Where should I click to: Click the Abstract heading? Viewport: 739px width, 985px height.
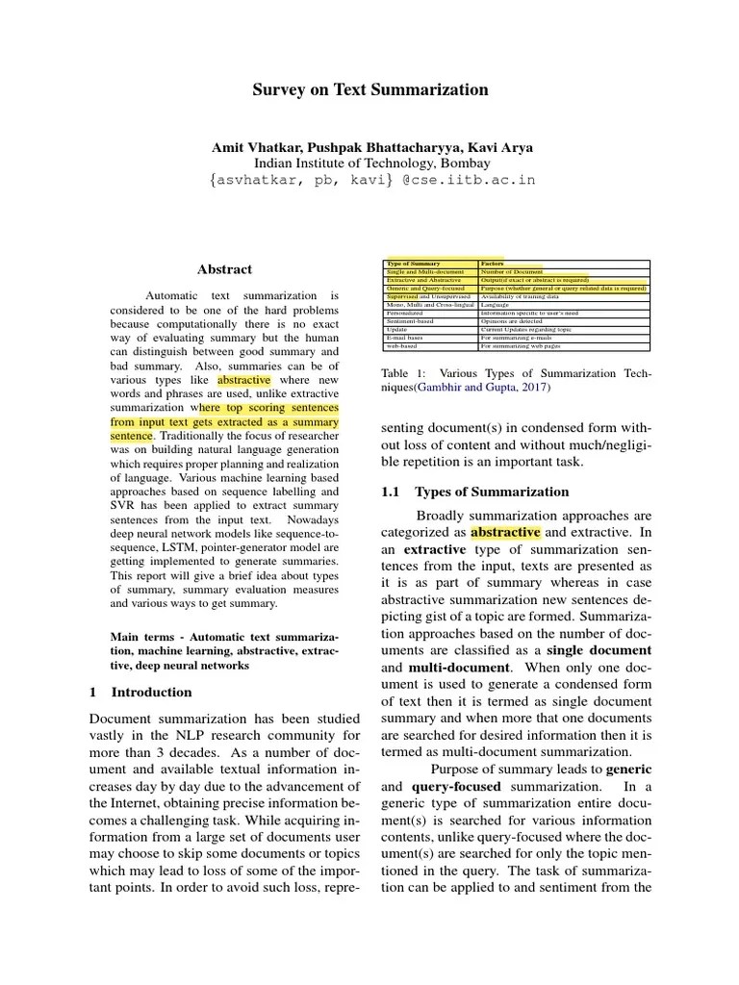(x=225, y=270)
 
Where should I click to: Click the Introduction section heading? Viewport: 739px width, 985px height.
(x=151, y=692)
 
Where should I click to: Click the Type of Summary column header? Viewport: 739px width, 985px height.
(x=414, y=264)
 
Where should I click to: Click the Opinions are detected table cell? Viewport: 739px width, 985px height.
(x=514, y=320)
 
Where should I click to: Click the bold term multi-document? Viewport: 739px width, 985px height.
(x=457, y=667)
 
